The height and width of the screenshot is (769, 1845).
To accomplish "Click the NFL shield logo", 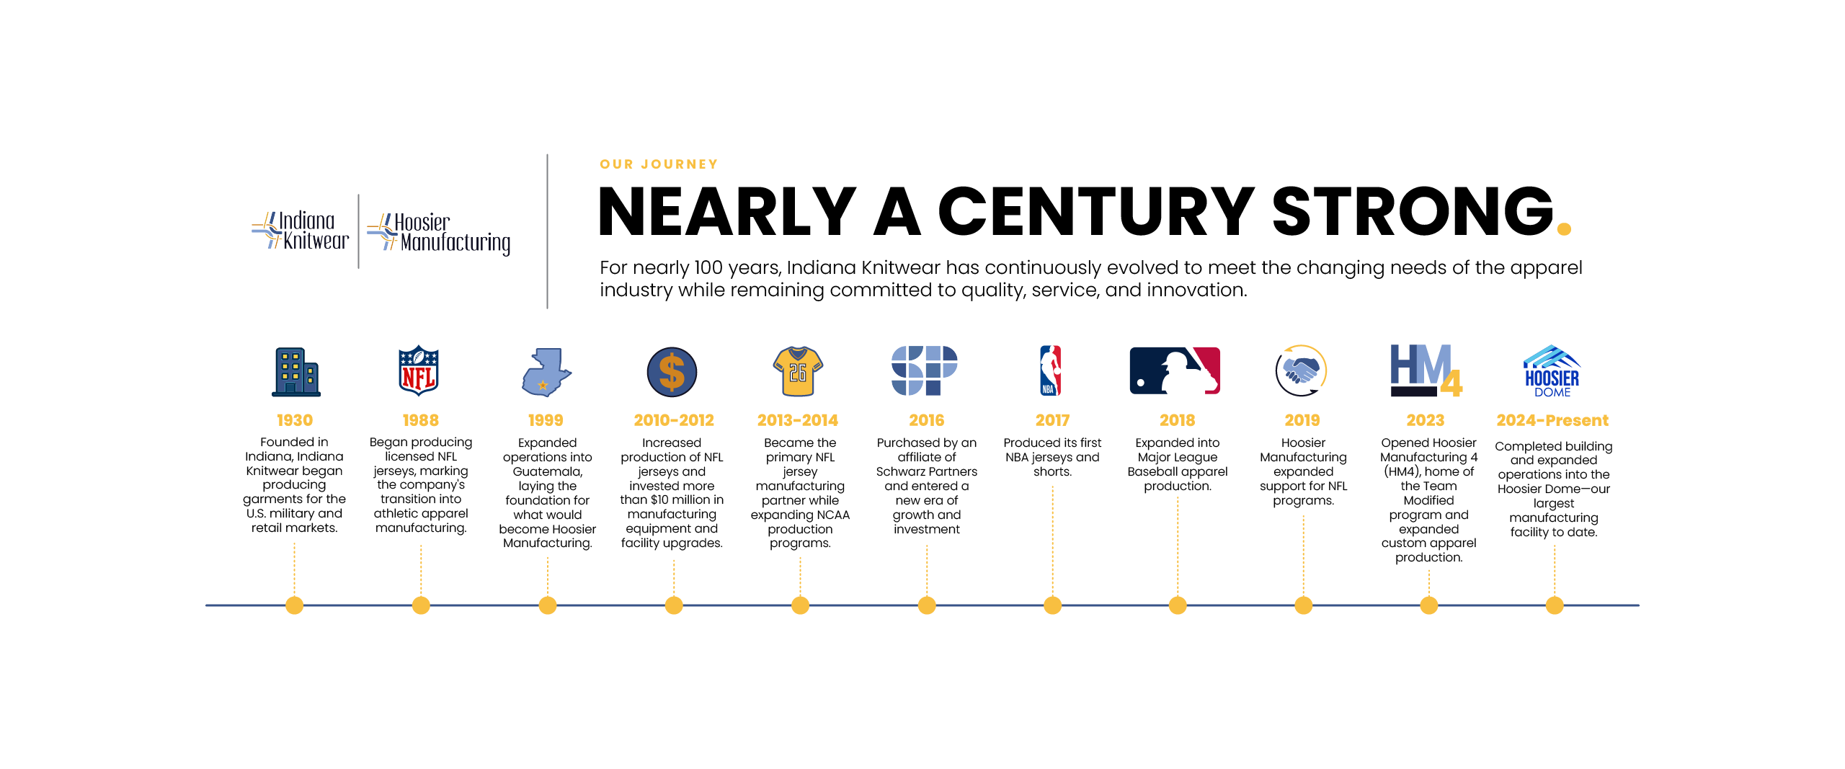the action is click(419, 371).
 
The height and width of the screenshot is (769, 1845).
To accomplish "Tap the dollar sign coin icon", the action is click(672, 372).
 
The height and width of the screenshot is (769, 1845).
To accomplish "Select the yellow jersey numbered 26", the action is click(798, 371).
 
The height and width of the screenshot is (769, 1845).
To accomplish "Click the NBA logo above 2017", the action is click(1051, 370).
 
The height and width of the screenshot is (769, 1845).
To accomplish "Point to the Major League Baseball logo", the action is click(1175, 370).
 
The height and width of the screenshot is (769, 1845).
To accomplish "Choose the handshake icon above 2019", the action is click(1301, 370).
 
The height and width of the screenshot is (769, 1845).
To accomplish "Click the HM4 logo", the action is click(1426, 370).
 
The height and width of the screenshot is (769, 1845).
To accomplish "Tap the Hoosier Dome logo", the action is click(1552, 371).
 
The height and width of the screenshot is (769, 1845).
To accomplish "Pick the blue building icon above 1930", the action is click(295, 372).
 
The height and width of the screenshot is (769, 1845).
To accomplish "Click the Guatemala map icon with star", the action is click(546, 372).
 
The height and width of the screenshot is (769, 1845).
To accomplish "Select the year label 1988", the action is click(421, 420).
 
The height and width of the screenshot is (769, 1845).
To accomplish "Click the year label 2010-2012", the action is click(674, 420).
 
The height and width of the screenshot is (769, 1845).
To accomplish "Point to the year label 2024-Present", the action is click(1552, 420).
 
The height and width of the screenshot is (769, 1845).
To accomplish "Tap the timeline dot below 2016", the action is click(927, 605).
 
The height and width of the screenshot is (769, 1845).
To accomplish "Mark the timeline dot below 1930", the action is click(294, 605).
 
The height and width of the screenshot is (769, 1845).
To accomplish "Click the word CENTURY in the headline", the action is click(1095, 211).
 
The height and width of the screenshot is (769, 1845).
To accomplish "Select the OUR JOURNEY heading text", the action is click(659, 164).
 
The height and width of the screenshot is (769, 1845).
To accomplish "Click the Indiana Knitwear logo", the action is click(301, 231).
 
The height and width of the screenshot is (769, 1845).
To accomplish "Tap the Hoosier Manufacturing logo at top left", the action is click(438, 233).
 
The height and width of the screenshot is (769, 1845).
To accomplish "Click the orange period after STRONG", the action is click(1564, 229).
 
